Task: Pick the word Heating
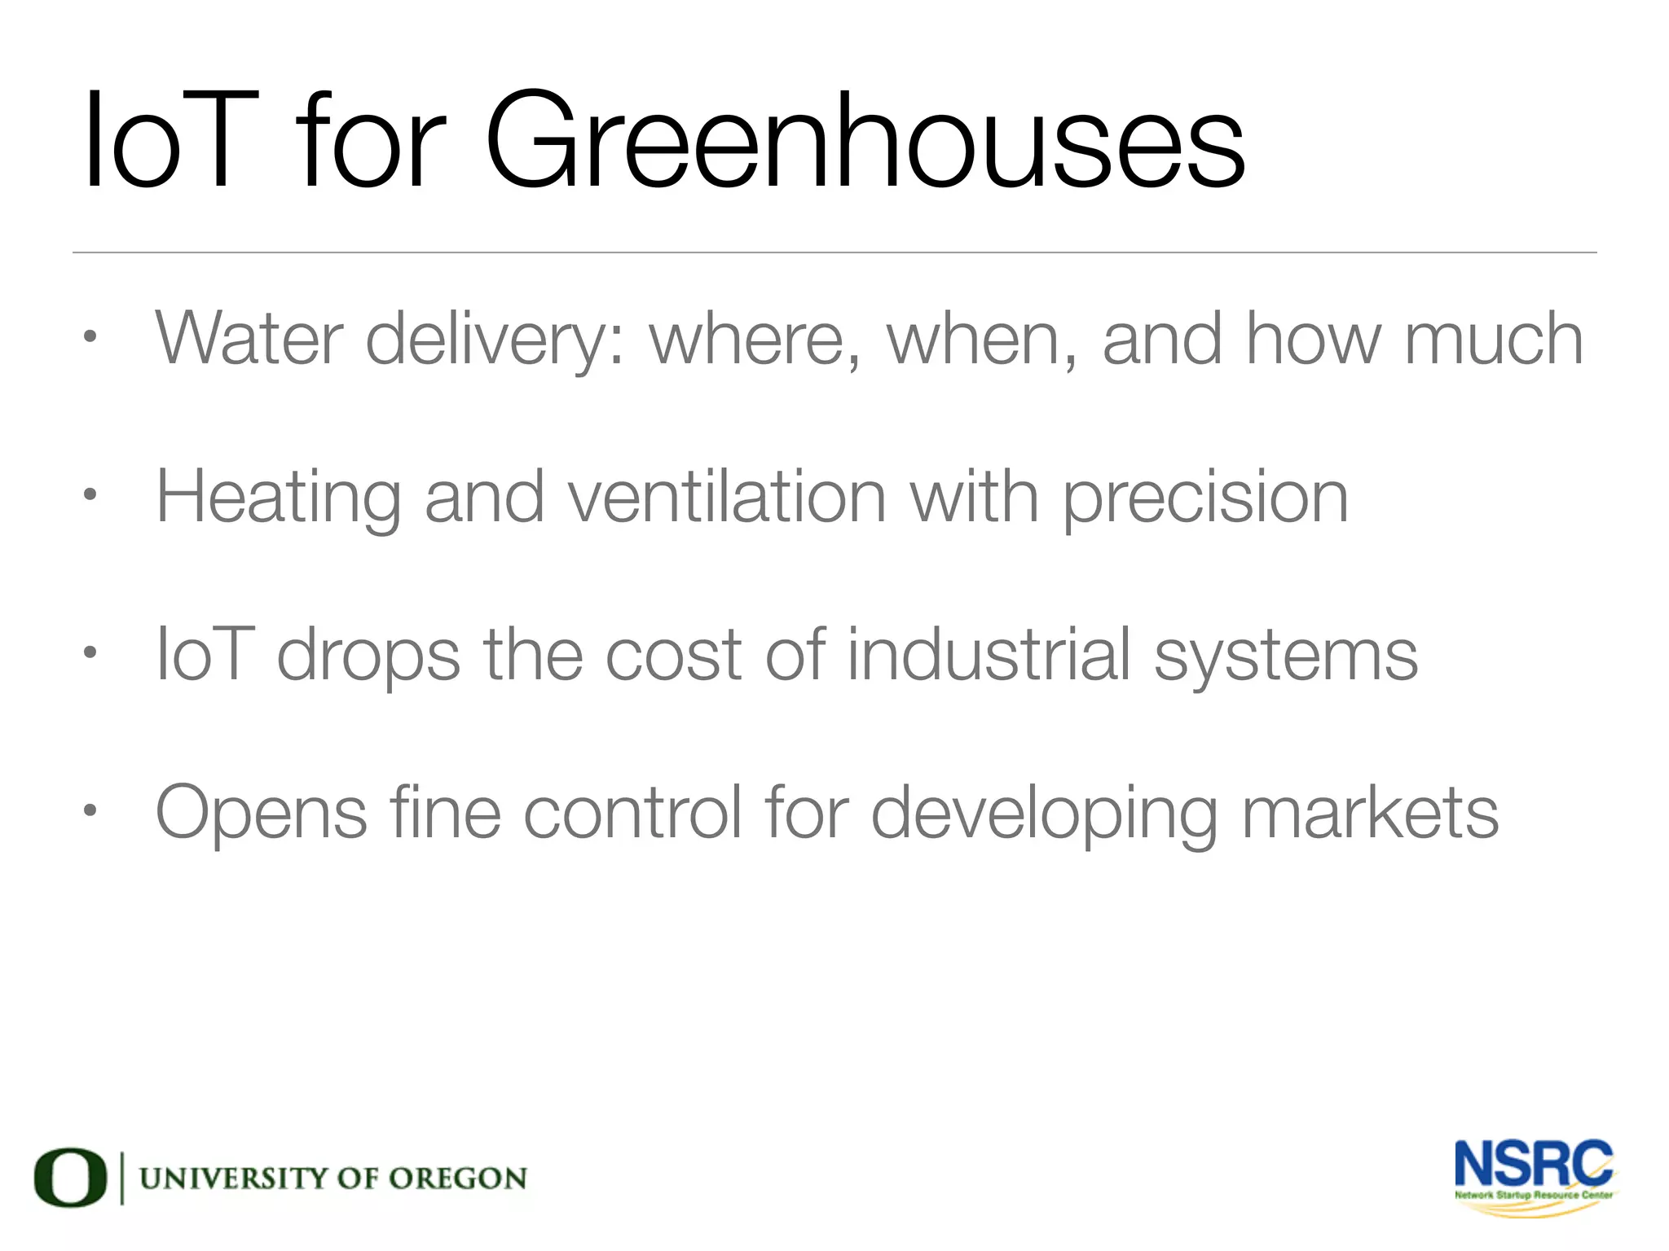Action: click(x=278, y=498)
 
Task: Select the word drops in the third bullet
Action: click(x=368, y=656)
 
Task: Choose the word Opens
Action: click(x=262, y=814)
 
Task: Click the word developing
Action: click(x=1044, y=814)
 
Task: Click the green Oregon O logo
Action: click(x=70, y=1178)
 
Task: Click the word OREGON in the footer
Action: click(x=457, y=1179)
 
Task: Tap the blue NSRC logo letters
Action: click(x=1533, y=1164)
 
